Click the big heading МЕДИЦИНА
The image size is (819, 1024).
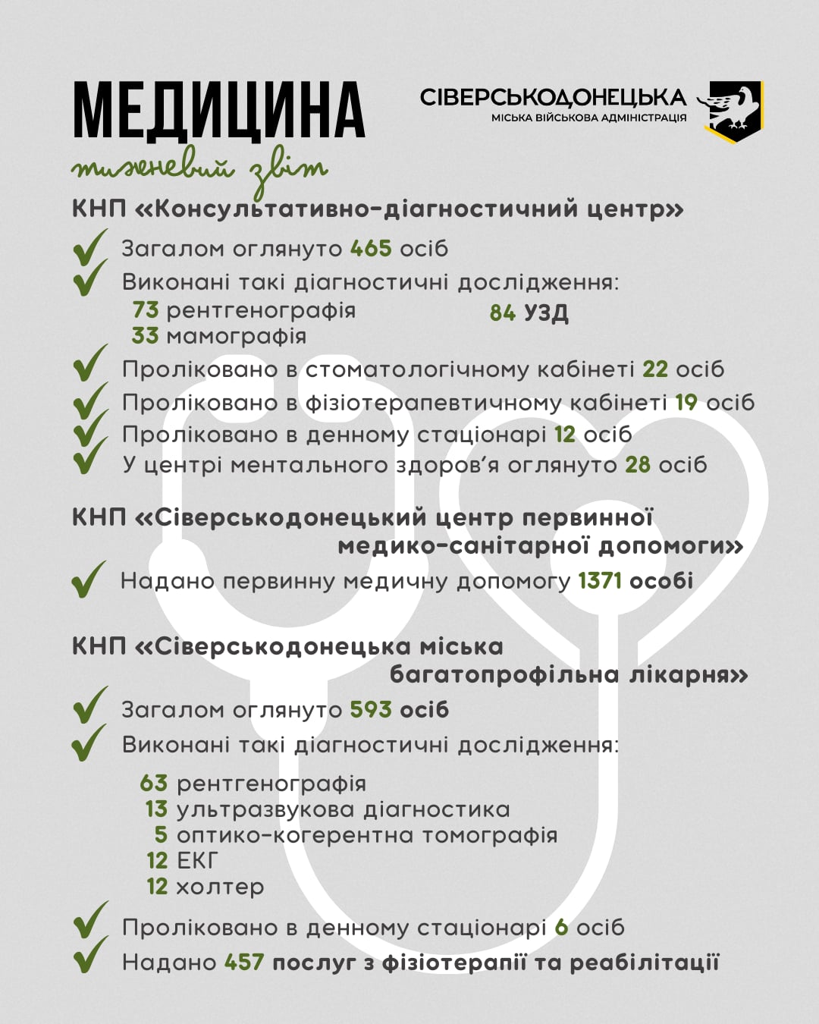tap(218, 111)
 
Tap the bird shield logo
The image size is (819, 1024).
tap(732, 111)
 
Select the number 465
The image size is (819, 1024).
tap(371, 249)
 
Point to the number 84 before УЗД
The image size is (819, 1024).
tap(503, 313)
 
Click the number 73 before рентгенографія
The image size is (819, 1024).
tap(146, 310)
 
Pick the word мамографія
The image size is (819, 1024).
tap(236, 336)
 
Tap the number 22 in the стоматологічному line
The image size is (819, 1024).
tap(655, 369)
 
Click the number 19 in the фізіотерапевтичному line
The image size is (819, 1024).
tap(686, 402)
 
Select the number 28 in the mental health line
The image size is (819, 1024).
tap(638, 464)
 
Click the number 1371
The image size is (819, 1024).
tap(599, 581)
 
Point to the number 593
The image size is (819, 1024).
tap(371, 710)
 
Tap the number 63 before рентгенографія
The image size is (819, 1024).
tap(154, 783)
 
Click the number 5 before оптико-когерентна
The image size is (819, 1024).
tap(161, 835)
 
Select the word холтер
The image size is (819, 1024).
tap(220, 887)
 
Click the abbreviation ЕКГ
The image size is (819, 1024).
tap(197, 861)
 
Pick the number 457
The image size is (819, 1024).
tap(244, 963)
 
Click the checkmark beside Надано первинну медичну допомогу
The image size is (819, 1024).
tap(88, 580)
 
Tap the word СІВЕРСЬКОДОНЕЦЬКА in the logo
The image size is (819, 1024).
tap(553, 98)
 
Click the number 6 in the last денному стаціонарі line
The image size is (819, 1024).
tap(561, 928)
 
